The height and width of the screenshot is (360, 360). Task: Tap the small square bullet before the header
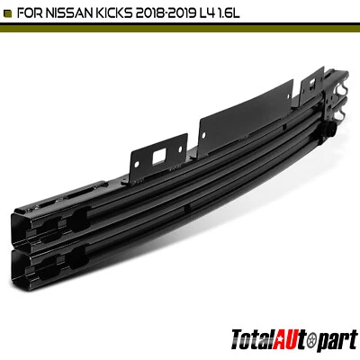(x=10, y=12)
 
